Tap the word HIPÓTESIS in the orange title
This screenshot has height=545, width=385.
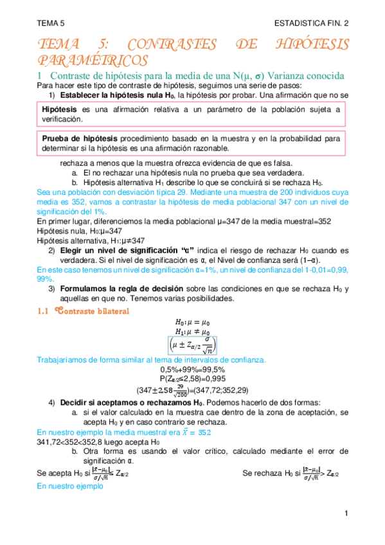click(x=316, y=45)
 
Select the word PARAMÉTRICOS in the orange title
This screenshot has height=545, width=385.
click(x=93, y=60)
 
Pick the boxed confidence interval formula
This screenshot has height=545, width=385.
click(x=192, y=346)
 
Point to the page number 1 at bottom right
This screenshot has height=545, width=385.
click(x=345, y=514)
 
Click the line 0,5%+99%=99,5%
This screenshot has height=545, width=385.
click(x=192, y=369)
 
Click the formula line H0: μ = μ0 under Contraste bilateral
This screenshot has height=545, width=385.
click(x=192, y=323)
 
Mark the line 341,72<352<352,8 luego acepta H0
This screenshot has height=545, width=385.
click(x=98, y=442)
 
